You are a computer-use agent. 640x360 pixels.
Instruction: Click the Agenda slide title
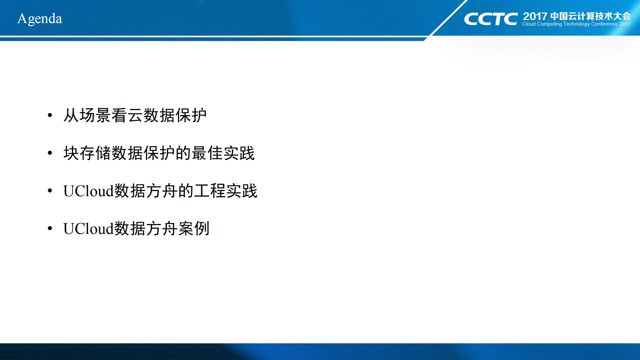40,19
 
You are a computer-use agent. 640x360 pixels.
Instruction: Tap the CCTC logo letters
491,19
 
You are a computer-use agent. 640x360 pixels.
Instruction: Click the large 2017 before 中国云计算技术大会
535,16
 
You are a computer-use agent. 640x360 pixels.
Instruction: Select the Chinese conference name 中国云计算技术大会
590,16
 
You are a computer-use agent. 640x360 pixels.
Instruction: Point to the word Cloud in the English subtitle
529,24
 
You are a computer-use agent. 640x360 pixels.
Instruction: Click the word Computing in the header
549,24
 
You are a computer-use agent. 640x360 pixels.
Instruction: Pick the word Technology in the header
576,24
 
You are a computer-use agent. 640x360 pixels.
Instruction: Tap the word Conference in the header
604,24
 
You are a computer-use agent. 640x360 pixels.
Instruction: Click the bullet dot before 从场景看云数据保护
50,115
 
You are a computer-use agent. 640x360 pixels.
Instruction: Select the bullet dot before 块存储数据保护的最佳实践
50,153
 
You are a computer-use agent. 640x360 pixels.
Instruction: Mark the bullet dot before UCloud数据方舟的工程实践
50,191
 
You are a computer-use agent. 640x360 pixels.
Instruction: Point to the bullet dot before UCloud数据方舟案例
50,229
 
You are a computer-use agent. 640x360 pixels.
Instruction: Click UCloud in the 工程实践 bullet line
88,191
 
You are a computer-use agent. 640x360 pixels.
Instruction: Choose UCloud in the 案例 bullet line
88,229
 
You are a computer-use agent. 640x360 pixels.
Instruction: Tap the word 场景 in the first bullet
95,115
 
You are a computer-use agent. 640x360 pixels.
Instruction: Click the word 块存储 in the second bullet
87,153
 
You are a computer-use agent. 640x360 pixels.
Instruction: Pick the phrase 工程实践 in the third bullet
226,191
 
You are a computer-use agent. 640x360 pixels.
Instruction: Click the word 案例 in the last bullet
194,229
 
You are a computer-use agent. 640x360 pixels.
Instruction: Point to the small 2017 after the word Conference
625,24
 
